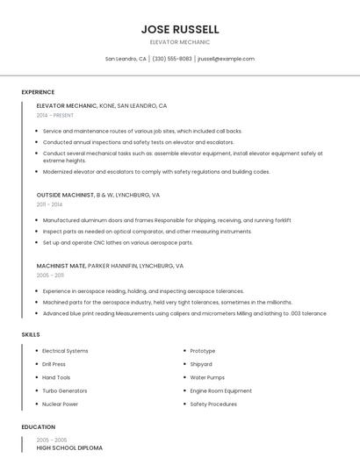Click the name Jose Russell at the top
tap(180, 29)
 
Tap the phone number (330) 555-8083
tap(172, 59)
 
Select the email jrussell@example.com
tap(226, 59)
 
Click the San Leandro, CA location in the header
tap(126, 59)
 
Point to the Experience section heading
tap(38, 92)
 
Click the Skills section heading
tap(31, 334)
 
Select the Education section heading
tap(39, 427)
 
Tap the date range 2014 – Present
tap(55, 115)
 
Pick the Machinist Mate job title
tap(61, 265)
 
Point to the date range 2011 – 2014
tap(49, 204)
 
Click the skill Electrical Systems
tap(65, 351)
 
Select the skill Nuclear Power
tap(60, 404)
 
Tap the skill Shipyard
tap(201, 364)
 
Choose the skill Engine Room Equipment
tap(220, 390)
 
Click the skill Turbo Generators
tap(64, 390)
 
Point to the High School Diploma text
tap(69, 448)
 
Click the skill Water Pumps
tap(207, 377)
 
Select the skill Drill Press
tap(54, 364)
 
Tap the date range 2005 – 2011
tap(50, 275)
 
